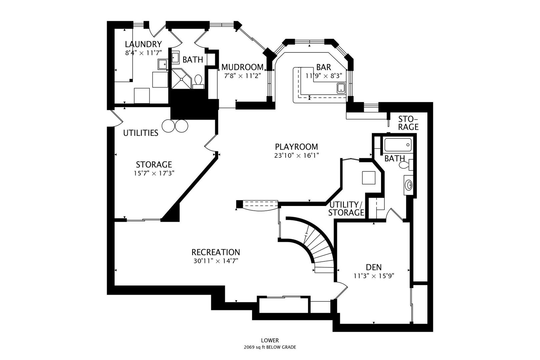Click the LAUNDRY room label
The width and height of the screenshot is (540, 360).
click(x=143, y=44)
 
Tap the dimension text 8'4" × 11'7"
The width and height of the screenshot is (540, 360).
click(x=143, y=53)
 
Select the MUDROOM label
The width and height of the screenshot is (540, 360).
click(x=242, y=67)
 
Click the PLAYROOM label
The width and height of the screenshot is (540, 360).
click(x=296, y=147)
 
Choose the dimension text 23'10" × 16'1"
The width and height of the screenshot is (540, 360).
click(x=296, y=155)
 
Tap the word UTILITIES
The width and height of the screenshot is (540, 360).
click(x=141, y=133)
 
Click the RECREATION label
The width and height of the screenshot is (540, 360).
click(x=215, y=252)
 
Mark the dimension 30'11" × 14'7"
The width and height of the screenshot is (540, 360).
click(x=215, y=261)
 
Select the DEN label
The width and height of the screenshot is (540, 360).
click(x=374, y=267)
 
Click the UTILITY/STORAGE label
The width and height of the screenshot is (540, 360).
click(x=346, y=209)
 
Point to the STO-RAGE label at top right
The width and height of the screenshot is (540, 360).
click(x=408, y=123)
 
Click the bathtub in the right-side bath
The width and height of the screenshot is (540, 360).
click(x=398, y=145)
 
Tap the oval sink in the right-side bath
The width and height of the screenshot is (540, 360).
click(x=408, y=184)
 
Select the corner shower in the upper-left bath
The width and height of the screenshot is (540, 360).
click(x=181, y=79)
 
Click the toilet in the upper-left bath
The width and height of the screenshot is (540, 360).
click(x=198, y=81)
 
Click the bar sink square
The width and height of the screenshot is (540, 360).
click(x=341, y=88)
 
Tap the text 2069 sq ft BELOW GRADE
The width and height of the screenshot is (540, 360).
click(x=270, y=347)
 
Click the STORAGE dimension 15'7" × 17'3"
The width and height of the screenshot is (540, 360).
click(x=154, y=173)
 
